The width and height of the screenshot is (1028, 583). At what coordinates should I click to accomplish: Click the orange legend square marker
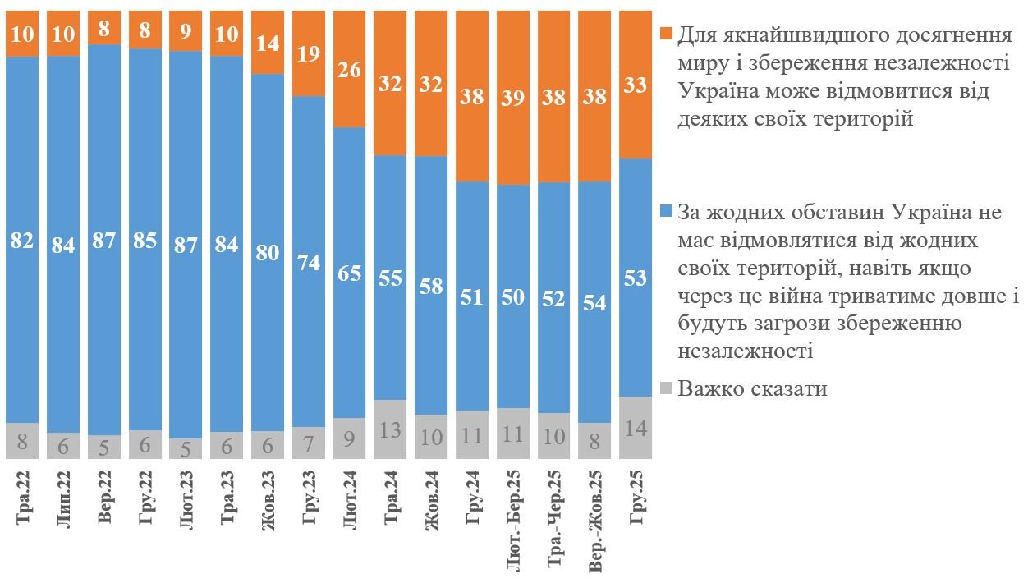[666, 35]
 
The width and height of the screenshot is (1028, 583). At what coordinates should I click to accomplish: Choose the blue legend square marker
[666, 212]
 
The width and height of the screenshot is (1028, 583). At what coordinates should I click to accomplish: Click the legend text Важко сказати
[752, 389]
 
